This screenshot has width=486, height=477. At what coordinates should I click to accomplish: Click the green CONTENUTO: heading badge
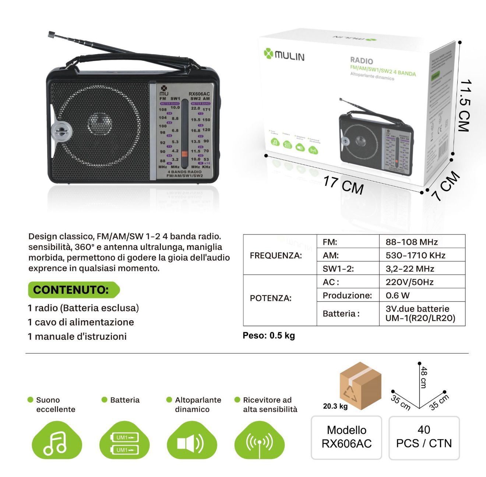[74, 290]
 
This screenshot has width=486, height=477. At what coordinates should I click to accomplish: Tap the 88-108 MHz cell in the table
[412, 242]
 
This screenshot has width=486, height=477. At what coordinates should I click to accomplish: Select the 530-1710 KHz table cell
[415, 255]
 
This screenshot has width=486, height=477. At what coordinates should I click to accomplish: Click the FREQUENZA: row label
[276, 255]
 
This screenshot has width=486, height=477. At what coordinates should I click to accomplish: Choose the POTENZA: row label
[271, 298]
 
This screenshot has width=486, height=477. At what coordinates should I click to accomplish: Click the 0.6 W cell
[398, 295]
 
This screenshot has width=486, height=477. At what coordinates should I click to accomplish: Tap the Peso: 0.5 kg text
[269, 336]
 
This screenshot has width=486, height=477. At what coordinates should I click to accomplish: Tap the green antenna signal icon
[260, 441]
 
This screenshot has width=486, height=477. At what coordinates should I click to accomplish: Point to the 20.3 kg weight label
[335, 406]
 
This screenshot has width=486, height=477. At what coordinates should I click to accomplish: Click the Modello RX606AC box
[346, 437]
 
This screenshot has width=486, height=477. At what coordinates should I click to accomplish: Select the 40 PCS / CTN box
[424, 437]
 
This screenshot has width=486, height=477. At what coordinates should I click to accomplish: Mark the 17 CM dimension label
[343, 185]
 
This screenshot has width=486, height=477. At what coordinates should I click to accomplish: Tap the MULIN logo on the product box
[284, 55]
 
